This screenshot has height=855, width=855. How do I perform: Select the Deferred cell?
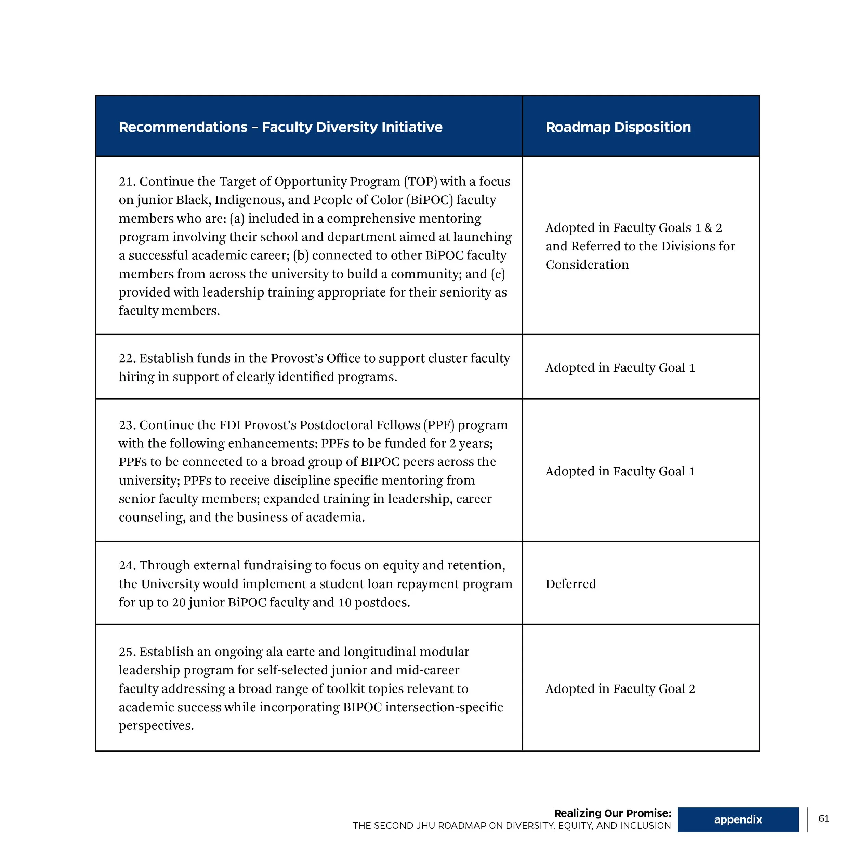coord(570,584)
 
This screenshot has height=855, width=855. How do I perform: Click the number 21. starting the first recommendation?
coord(127,182)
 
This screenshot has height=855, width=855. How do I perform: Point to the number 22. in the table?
coord(127,358)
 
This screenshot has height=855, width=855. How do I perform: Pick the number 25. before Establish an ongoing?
coord(127,652)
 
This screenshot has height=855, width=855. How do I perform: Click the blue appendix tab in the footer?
coord(738,819)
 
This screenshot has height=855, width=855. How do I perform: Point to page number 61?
coord(824,819)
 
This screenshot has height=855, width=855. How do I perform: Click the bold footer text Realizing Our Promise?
coord(613,813)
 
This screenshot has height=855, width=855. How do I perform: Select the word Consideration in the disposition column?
coord(587,265)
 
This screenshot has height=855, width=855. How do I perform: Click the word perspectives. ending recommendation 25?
coord(156,726)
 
